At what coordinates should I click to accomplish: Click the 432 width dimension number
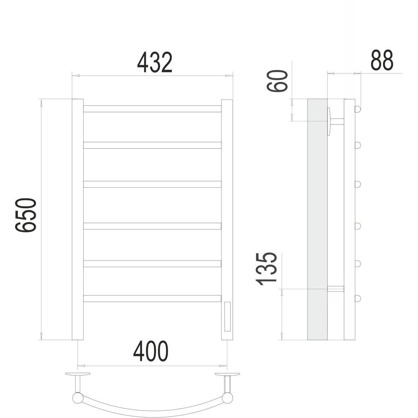coord(155,63)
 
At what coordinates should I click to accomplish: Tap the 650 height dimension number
coord(25,215)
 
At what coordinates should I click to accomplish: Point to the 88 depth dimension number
coord(382,60)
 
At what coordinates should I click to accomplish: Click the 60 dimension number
coord(278,81)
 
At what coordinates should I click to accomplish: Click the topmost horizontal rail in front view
coord(152,109)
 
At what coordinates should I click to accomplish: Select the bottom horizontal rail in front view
coord(152,298)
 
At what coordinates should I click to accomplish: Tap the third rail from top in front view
coord(152,184)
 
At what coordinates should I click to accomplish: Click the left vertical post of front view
coord(78,219)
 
